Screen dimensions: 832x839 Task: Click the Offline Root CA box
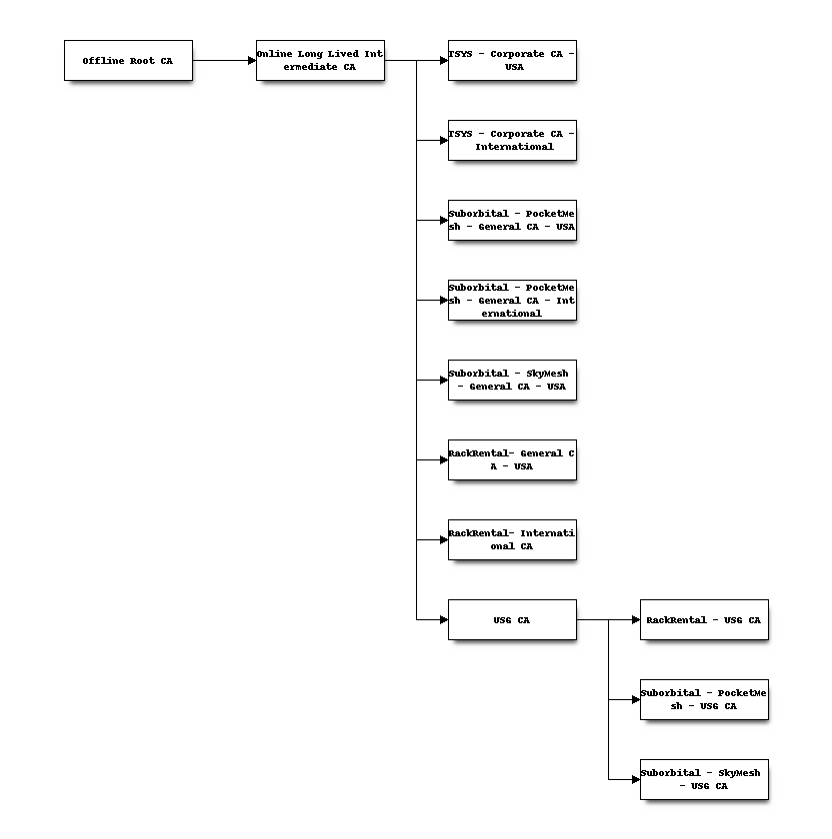pyautogui.click(x=128, y=61)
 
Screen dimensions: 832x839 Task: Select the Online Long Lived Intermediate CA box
pyautogui.click(x=320, y=61)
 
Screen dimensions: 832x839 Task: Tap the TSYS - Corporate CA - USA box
pyautogui.click(x=512, y=61)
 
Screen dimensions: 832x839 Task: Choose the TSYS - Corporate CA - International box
pyautogui.click(x=512, y=140)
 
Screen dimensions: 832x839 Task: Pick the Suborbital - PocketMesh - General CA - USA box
pyautogui.click(x=512, y=220)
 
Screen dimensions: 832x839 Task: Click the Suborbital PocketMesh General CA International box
pyautogui.click(x=512, y=301)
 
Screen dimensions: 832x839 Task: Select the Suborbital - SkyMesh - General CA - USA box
pyautogui.click(x=512, y=380)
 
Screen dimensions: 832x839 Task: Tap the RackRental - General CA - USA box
pyautogui.click(x=512, y=459)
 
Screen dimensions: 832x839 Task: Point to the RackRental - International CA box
pyautogui.click(x=512, y=540)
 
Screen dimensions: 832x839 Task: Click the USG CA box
pyautogui.click(x=512, y=619)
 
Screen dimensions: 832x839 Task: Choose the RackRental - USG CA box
pyautogui.click(x=704, y=619)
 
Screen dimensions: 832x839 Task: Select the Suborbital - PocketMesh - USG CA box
pyautogui.click(x=704, y=699)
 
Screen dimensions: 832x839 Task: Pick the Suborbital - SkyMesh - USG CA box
pyautogui.click(x=704, y=780)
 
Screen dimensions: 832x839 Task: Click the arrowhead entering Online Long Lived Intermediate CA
pyautogui.click(x=252, y=61)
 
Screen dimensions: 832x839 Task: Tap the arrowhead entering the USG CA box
pyautogui.click(x=444, y=619)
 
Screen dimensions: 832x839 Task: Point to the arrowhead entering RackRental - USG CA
pyautogui.click(x=636, y=619)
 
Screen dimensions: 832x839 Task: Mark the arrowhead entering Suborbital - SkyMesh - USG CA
pyautogui.click(x=636, y=780)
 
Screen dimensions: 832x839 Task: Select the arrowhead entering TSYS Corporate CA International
pyautogui.click(x=444, y=140)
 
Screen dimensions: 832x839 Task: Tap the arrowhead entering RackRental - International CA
pyautogui.click(x=444, y=540)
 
